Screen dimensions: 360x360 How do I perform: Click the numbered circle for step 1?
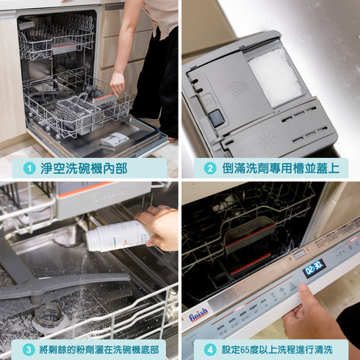[x=29, y=168]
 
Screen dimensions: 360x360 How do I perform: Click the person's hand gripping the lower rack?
[x=117, y=82]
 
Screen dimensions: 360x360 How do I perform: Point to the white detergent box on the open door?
[x=114, y=140]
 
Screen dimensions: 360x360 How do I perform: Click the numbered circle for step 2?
[x=210, y=168]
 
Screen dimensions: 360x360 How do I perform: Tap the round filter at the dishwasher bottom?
[x=49, y=316]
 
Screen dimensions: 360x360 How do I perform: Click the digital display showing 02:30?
[x=314, y=266]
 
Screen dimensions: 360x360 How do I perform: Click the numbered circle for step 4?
[x=210, y=350]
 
